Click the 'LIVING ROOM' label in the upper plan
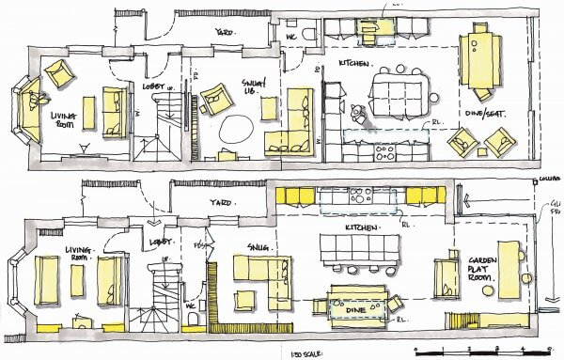click(66, 117)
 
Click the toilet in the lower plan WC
click(192, 322)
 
